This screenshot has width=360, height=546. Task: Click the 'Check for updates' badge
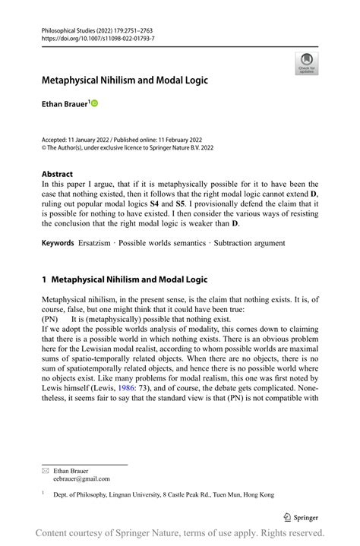click(x=307, y=64)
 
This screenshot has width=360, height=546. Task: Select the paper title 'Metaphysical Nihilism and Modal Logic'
click(x=125, y=80)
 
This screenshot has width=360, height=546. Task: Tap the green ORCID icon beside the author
click(x=95, y=103)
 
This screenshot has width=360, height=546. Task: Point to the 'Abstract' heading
click(x=57, y=174)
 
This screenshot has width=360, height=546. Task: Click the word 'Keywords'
click(x=58, y=243)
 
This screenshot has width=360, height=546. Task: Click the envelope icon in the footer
click(x=45, y=471)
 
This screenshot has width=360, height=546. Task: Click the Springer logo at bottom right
click(x=301, y=517)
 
